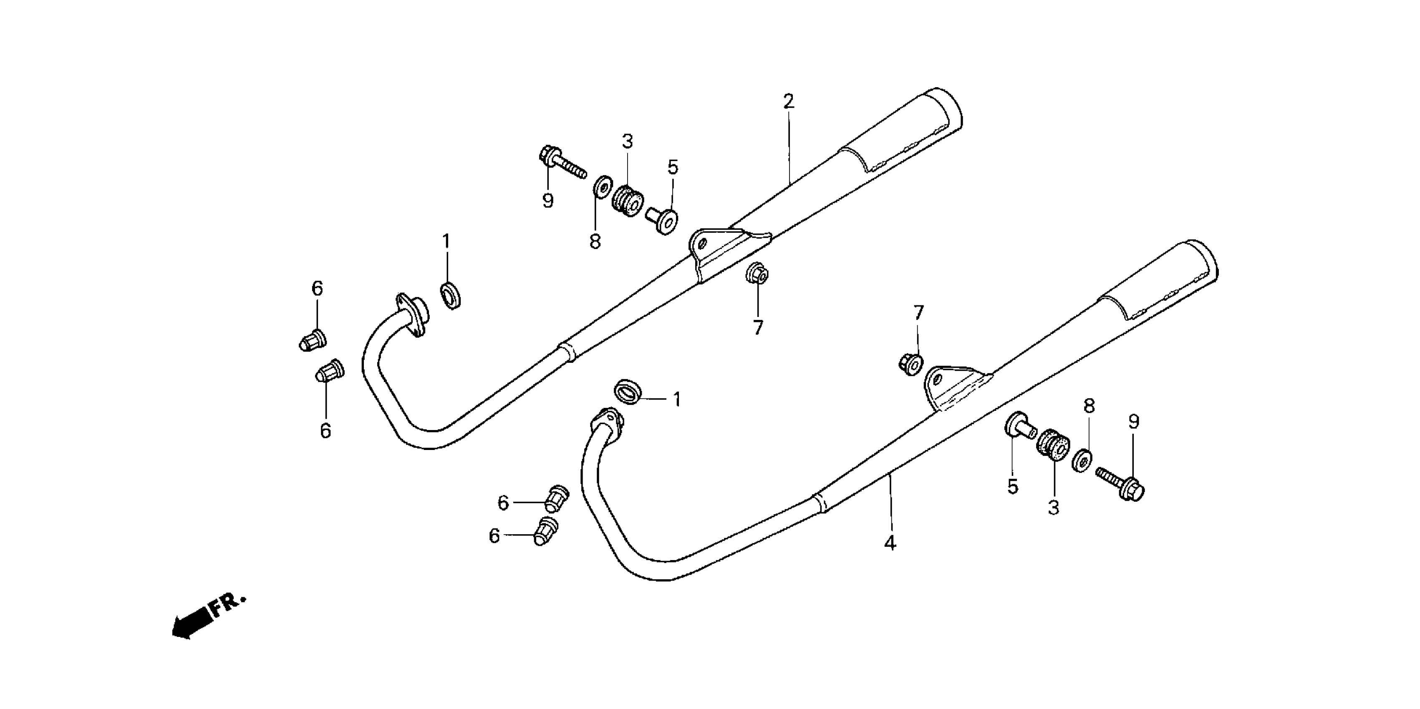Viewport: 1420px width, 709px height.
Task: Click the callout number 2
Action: coord(788,101)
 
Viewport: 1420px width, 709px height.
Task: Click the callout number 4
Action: coord(890,543)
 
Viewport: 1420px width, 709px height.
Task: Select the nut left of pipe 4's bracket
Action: coord(910,364)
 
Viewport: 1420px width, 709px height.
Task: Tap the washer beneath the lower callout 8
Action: coord(1083,460)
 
